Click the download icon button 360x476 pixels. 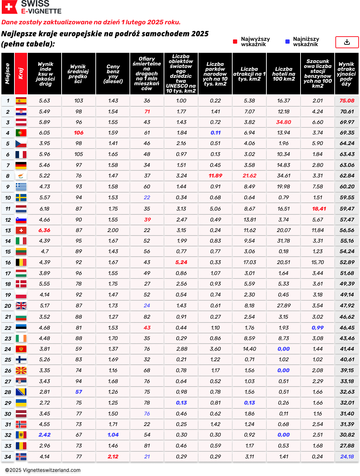pos(347,42)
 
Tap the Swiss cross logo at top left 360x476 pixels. pos(10,7)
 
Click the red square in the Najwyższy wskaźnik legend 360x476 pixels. pos(235,42)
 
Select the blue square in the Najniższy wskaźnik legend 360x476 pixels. pos(288,42)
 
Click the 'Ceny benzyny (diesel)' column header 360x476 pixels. pos(113,74)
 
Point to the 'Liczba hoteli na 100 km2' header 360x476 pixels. pos(284,74)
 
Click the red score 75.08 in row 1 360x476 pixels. pos(347,101)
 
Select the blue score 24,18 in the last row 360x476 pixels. pos(347,457)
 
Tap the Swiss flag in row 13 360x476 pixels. pos(21,230)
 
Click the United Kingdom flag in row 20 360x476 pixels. pos(21,306)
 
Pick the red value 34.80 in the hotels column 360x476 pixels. pos(284,122)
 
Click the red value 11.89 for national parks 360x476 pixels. pos(215,176)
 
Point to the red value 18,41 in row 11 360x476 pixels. pos(319,209)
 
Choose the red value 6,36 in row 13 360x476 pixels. pos(45,230)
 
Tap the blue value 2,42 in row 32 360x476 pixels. pos(45,435)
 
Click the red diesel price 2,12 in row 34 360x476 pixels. pos(113,457)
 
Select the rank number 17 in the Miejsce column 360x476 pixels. pos(8,274)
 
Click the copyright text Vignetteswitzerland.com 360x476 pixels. pos(43,470)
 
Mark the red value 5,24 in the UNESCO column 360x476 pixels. pos(181,262)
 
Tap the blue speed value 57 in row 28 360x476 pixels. pos(79,392)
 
